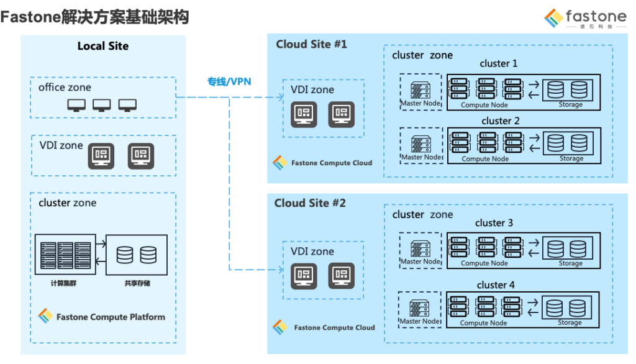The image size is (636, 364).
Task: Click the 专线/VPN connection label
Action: coord(229,81)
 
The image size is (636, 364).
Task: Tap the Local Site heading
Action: coord(103,46)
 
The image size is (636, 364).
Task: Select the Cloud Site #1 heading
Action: coord(311,44)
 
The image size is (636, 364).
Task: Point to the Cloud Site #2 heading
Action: coord(310,203)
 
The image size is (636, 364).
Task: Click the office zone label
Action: coord(65,87)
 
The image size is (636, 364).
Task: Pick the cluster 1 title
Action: coord(498,63)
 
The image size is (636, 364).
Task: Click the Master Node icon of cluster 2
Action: coord(420,142)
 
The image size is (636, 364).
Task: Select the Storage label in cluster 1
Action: coord(571,104)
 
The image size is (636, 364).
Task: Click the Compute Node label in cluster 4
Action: coord(484,323)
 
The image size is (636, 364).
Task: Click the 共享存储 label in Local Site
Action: coord(137,283)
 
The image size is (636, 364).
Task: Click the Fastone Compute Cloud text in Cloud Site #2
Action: coord(334,327)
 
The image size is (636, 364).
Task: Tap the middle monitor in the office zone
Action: coord(102,106)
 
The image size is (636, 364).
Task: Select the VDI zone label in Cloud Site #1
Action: coord(312,90)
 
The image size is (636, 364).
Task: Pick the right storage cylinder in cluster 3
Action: coord(578,248)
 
